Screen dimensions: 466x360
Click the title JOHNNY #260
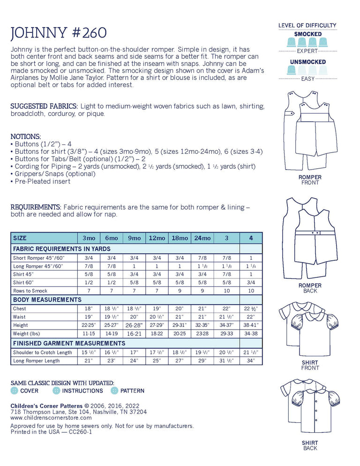pyautogui.click(x=59, y=33)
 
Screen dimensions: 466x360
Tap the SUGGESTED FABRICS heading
pyautogui.click(x=43, y=106)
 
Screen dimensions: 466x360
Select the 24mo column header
pyautogui.click(x=202, y=238)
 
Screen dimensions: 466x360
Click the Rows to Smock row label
pyautogui.click(x=30, y=291)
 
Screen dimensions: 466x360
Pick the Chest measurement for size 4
pyautogui.click(x=251, y=308)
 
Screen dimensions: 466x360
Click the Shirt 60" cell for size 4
pyautogui.click(x=251, y=282)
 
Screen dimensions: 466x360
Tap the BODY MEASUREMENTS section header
pyautogui.click(x=47, y=300)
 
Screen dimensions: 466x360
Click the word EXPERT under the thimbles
pyautogui.click(x=307, y=51)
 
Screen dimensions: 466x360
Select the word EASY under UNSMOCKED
pyautogui.click(x=307, y=79)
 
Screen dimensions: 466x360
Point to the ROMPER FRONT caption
pyautogui.click(x=310, y=180)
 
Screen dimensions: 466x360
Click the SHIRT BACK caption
pyautogui.click(x=310, y=445)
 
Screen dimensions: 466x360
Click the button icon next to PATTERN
pyautogui.click(x=114, y=391)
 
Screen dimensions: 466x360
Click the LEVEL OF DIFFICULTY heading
pyautogui.click(x=307, y=25)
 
